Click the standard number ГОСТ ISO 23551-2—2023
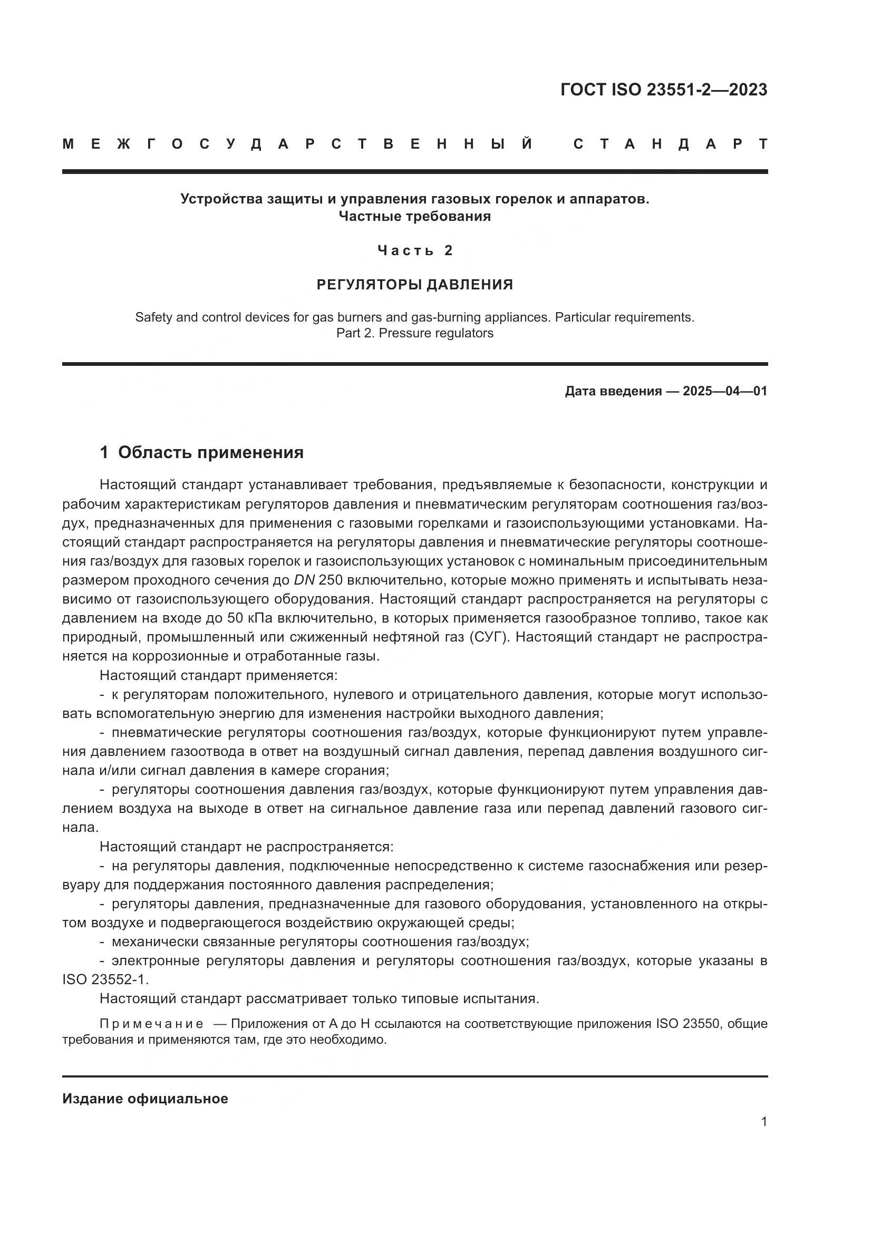[x=664, y=90]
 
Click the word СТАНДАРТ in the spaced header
[x=671, y=144]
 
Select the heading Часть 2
[x=415, y=250]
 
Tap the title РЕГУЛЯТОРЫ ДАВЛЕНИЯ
[x=414, y=285]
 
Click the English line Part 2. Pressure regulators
[x=414, y=333]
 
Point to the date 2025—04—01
[x=725, y=391]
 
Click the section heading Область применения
[x=210, y=453]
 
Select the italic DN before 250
[x=304, y=580]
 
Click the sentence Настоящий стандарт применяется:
[x=219, y=676]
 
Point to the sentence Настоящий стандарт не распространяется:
[x=246, y=847]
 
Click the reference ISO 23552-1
[x=105, y=979]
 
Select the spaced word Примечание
[x=152, y=1024]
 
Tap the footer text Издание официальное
[x=145, y=1099]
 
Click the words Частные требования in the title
[x=414, y=217]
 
